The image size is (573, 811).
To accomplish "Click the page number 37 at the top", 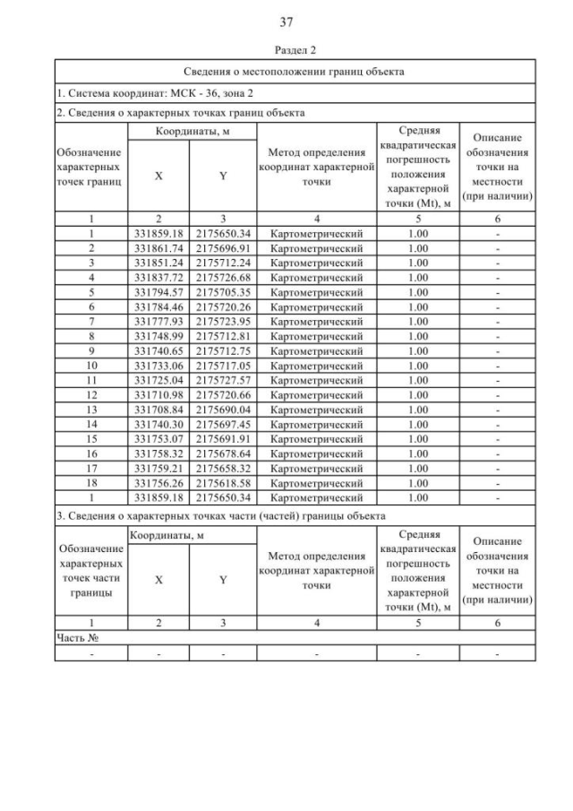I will coord(286,22).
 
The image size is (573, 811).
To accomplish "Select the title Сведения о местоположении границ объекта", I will coord(295,72).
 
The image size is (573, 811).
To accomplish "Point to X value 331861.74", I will coord(158,247).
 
